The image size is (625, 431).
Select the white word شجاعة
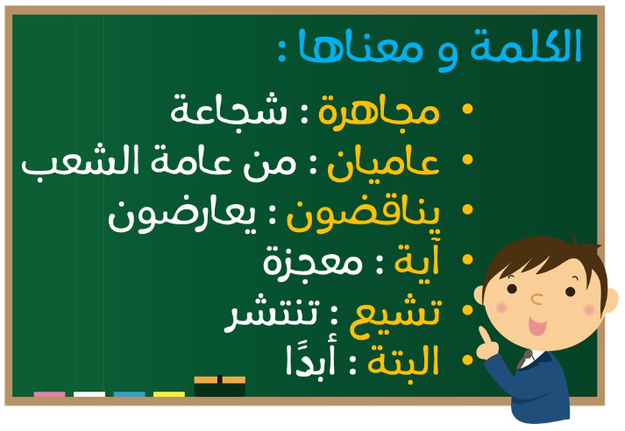[x=229, y=109]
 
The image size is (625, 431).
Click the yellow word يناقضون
[x=363, y=215]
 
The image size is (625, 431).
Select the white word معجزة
[x=312, y=264]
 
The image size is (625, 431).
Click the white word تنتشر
[x=272, y=313]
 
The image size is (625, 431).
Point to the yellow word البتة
[x=403, y=360]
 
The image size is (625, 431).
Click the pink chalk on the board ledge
[x=49, y=394]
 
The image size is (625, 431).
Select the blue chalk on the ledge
[x=130, y=394]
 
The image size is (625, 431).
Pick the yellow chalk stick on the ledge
[x=169, y=394]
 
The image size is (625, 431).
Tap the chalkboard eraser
[x=220, y=385]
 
